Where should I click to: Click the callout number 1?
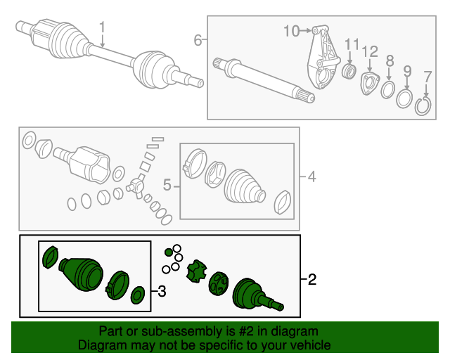pos(103,29)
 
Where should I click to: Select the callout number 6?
pos(198,40)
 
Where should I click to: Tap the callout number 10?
pos(291,30)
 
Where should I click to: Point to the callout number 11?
pos(352,44)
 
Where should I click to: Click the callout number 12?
pos(370,51)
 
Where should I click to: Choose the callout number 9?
pos(407,70)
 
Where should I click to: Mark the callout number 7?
pos(427,76)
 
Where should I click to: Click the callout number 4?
pos(311,177)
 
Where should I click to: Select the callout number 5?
pos(167,186)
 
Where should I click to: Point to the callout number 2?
pos(312,281)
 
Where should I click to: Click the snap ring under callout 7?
pos(423,107)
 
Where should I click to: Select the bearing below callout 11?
pos(348,72)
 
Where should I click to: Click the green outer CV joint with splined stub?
pos(253,292)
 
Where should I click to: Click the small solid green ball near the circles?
pos(168,252)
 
